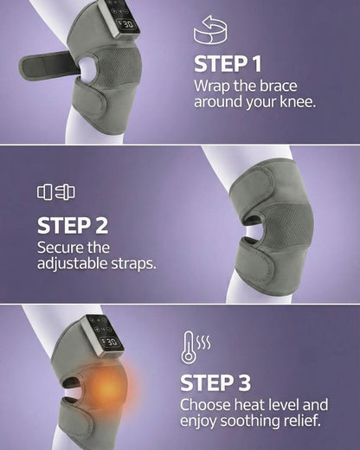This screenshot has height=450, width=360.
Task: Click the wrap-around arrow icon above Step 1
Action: coord(211,32)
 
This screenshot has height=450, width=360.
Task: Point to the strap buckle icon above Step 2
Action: coord(55,192)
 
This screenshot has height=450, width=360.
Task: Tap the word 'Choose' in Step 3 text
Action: coord(205,405)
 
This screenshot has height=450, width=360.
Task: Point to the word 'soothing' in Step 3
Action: coord(260,421)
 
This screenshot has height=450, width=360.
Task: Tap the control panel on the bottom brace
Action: coord(105,331)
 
